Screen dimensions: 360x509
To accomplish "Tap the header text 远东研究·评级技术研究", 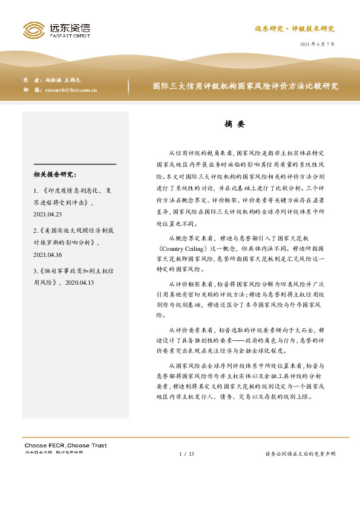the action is click(293, 28).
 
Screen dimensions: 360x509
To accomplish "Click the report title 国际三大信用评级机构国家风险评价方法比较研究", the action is click(245, 86).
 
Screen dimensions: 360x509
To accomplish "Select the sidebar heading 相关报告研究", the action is click(56, 175).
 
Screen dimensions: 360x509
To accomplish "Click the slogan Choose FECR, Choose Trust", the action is click(65, 446).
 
